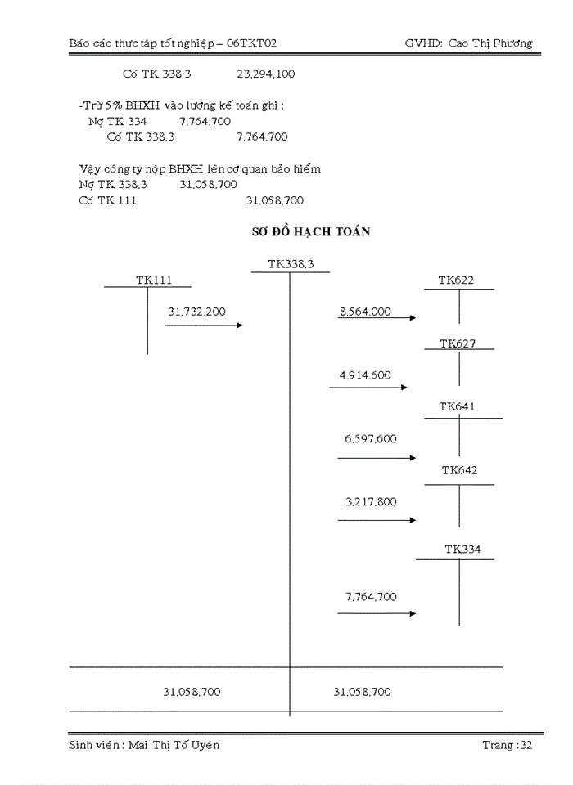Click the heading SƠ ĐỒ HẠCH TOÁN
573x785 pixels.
click(311, 232)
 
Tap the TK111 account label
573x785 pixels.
click(154, 280)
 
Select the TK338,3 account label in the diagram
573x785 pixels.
click(291, 263)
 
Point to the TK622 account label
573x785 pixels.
click(456, 280)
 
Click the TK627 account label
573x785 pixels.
click(458, 343)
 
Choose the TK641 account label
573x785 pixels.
click(457, 406)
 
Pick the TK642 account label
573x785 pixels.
click(459, 470)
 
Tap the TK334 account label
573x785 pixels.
click(462, 549)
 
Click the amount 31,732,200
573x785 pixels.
click(196, 312)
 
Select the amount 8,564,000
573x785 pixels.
click(365, 312)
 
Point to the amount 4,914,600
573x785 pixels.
click(365, 375)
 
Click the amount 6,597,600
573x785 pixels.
click(371, 439)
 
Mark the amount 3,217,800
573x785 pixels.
click(371, 501)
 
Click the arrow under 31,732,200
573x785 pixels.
click(204, 325)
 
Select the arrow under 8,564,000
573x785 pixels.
click(377, 318)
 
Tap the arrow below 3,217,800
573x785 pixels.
click(377, 520)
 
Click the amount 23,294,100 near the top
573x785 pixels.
click(266, 74)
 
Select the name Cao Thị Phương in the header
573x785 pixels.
click(490, 43)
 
